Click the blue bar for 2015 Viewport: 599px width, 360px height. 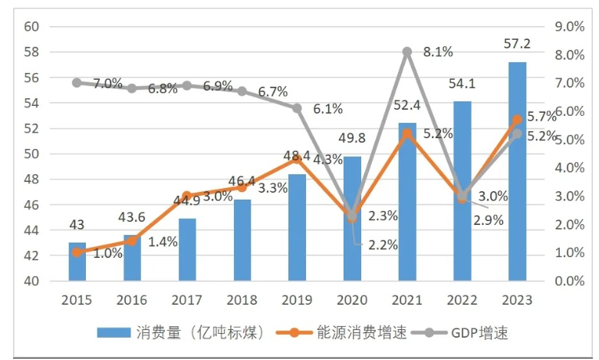77,262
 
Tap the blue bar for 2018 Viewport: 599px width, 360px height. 242,240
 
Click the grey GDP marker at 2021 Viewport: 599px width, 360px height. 407,51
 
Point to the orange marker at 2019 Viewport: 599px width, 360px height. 297,158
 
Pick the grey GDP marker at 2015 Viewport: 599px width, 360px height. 77,82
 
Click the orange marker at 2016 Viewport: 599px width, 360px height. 132,241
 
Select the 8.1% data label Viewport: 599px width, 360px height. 437,52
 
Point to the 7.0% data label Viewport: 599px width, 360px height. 108,84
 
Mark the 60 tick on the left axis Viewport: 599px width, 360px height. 31,27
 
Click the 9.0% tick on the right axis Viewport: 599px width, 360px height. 569,27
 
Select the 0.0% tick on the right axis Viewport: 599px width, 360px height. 569,281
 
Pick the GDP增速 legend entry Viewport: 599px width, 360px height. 480,332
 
